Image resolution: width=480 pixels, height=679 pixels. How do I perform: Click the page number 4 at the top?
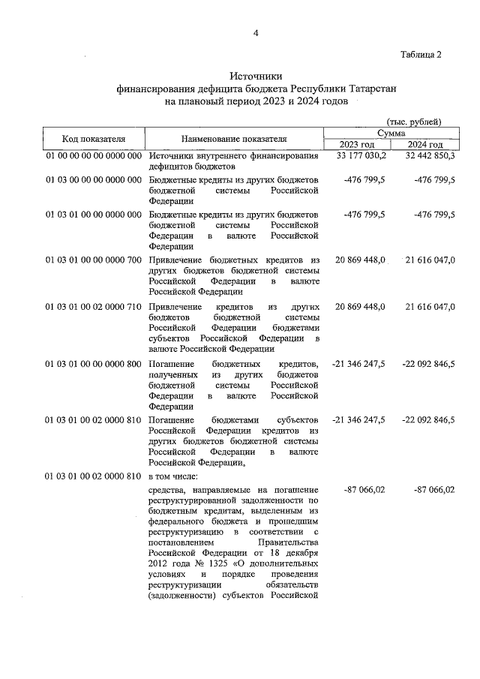255,34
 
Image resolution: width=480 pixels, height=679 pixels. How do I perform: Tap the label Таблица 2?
421,54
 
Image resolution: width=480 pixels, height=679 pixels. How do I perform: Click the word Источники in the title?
255,76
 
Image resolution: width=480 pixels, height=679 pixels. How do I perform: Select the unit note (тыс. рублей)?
413,122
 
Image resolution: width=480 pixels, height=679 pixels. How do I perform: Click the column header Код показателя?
94,139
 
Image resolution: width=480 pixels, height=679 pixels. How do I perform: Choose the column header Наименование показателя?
234,139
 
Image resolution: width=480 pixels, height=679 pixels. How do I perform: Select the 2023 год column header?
357,145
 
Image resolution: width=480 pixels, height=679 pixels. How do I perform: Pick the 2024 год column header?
425,145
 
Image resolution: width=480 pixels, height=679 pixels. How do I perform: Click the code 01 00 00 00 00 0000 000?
94,156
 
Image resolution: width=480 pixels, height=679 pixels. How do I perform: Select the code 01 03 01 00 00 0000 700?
94,260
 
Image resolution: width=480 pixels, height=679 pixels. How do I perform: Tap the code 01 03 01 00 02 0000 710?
94,308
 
